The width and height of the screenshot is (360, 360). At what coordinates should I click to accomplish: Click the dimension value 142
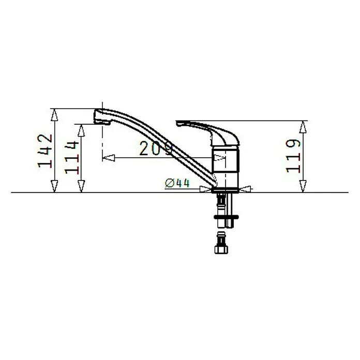[45, 151]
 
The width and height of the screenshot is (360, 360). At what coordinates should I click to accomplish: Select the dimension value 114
[72, 157]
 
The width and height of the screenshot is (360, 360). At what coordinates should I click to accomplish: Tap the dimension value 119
[293, 156]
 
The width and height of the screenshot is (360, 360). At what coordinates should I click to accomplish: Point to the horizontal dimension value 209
[156, 148]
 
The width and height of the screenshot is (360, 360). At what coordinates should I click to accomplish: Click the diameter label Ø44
[177, 183]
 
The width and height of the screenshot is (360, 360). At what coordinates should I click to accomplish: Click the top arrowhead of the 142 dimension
[54, 114]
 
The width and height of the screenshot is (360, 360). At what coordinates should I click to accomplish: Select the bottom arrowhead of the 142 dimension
[54, 186]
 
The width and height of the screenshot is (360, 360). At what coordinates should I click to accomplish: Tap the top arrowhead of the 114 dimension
[81, 130]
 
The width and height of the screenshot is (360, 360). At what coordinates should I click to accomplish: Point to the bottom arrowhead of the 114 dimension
[81, 186]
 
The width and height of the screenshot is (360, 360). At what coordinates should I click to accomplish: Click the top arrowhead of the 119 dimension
[303, 127]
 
